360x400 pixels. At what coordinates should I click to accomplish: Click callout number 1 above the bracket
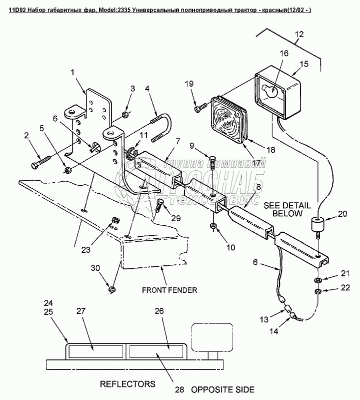tap(73, 72)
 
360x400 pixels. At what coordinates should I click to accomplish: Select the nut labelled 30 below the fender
tap(111, 289)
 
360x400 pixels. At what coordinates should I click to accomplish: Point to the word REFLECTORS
tap(127, 384)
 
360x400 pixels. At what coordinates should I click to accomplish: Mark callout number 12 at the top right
tap(298, 34)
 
